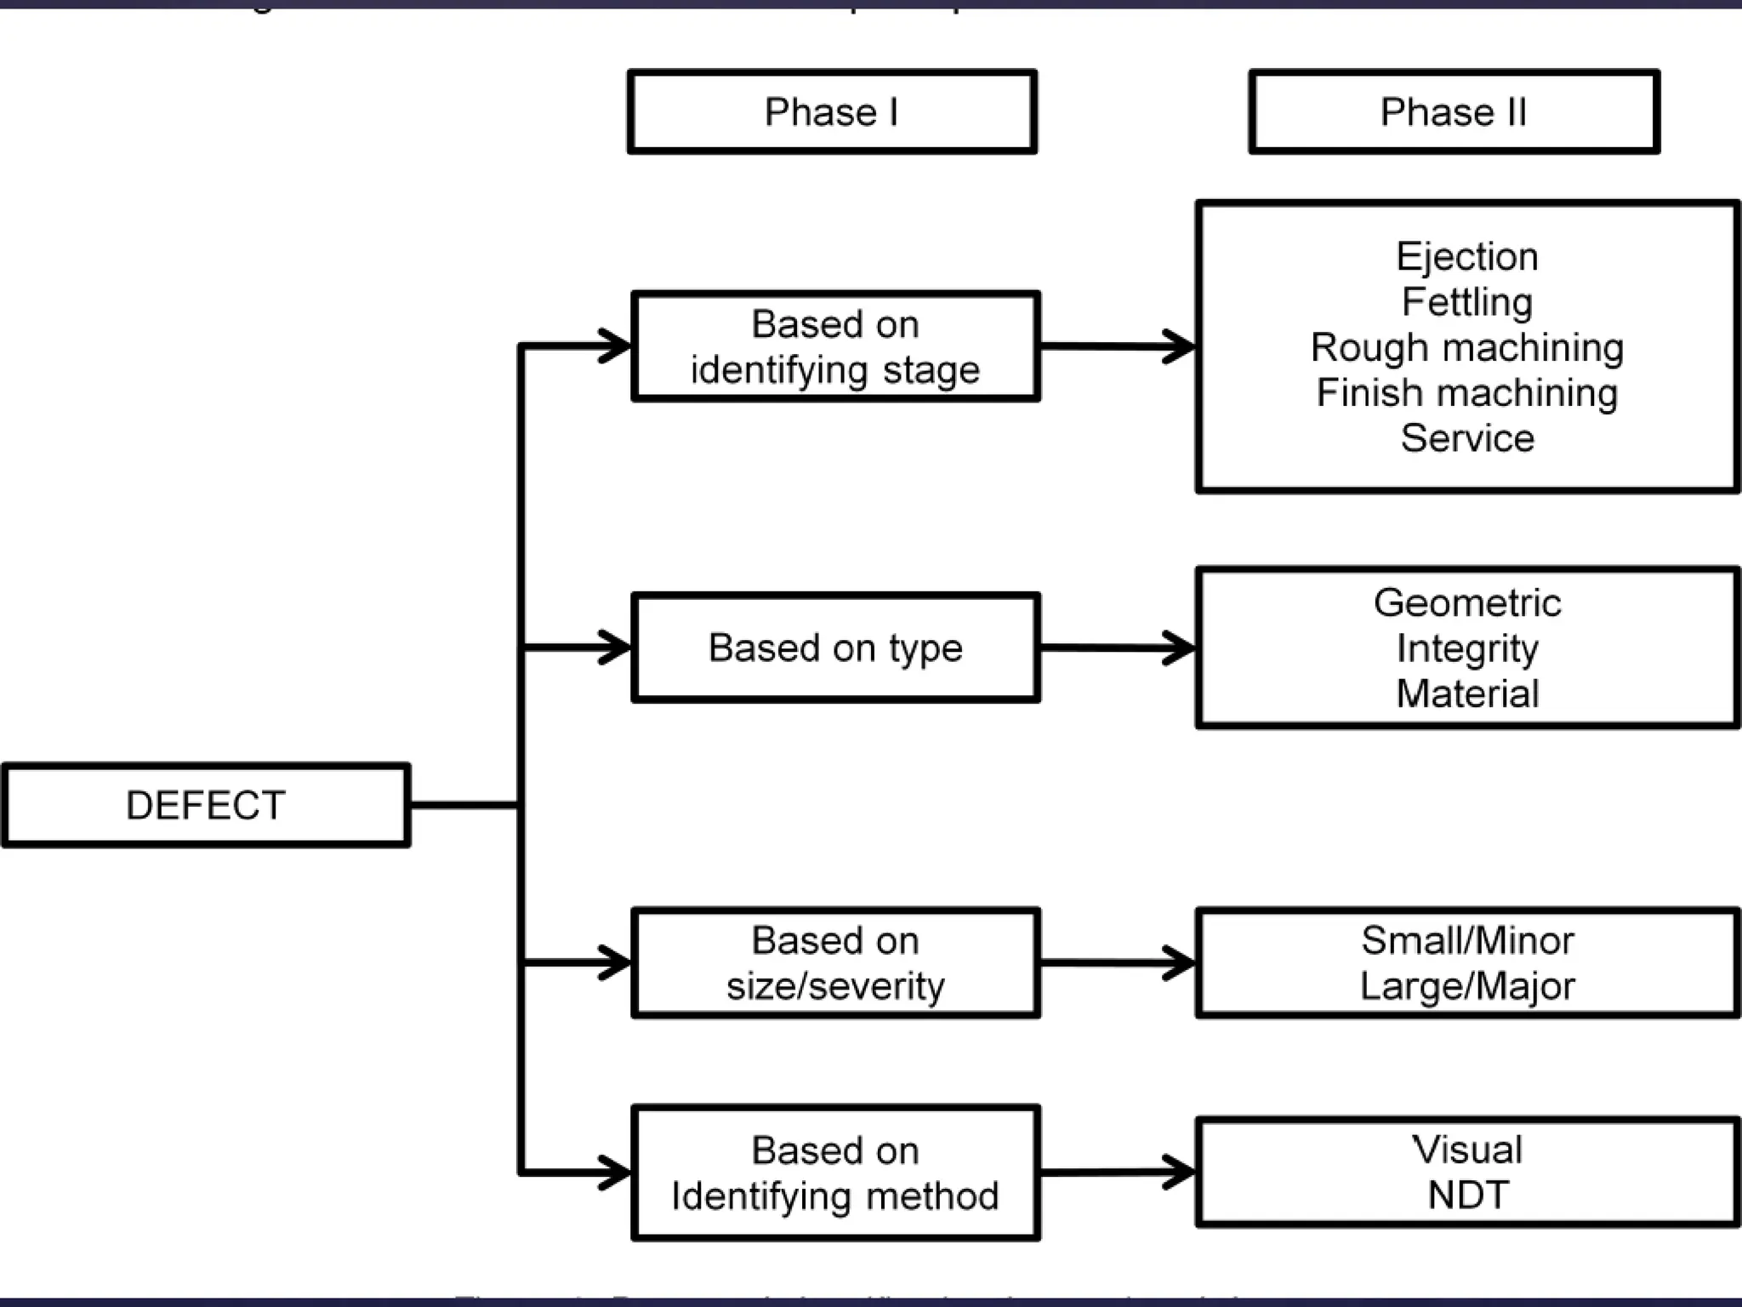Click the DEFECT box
point(206,805)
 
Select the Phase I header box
point(832,111)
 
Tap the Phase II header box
point(1454,111)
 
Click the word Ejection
point(1467,257)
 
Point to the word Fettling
point(1467,302)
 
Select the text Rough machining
point(1467,347)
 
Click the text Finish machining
point(1467,393)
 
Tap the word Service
point(1467,438)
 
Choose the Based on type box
point(835,648)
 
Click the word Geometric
point(1467,602)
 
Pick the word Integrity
point(1467,648)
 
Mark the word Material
point(1467,693)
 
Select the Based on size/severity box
point(835,962)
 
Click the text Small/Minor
point(1467,940)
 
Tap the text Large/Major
point(1467,986)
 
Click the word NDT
point(1467,1195)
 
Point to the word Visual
point(1467,1150)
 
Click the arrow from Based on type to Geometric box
point(1118,648)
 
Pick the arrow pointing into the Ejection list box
point(1118,346)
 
